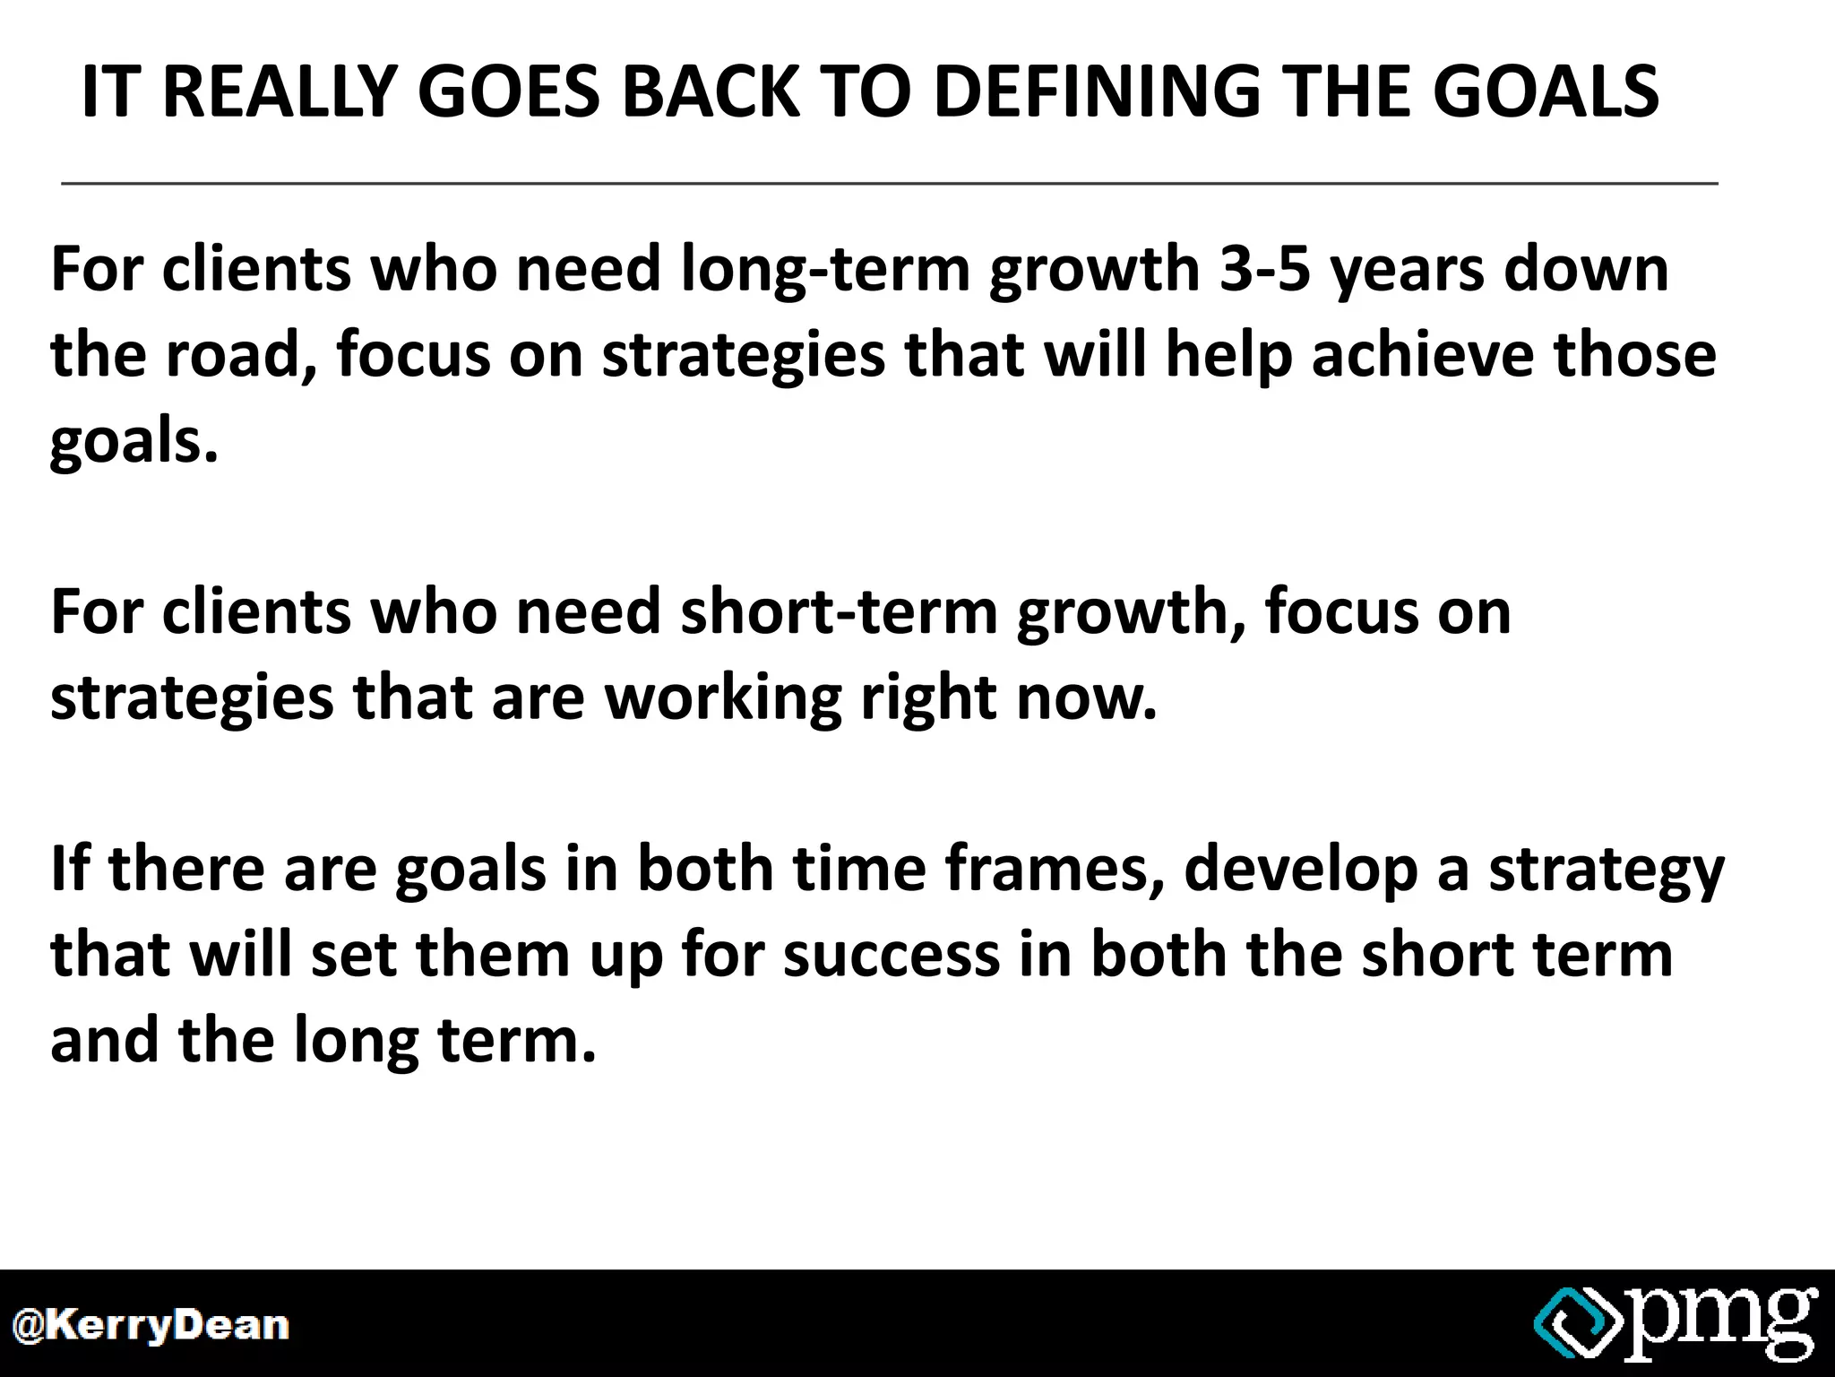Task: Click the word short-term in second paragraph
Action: [839, 611]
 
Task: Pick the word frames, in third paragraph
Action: [1054, 869]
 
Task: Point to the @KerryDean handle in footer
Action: [150, 1325]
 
